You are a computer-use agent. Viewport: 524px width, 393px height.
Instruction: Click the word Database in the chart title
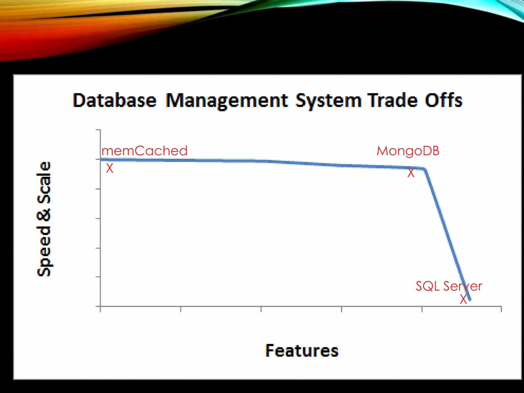pyautogui.click(x=114, y=100)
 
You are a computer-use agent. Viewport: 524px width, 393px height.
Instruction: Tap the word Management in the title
pyautogui.click(x=227, y=101)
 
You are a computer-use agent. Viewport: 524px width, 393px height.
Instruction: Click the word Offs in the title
pyautogui.click(x=444, y=100)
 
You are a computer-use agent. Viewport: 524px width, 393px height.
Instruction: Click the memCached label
pyautogui.click(x=145, y=151)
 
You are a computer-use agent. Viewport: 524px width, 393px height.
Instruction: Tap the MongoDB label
pyautogui.click(x=408, y=151)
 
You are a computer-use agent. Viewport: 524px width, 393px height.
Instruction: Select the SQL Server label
pyautogui.click(x=449, y=286)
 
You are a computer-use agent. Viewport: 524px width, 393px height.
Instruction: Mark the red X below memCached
pyautogui.click(x=110, y=168)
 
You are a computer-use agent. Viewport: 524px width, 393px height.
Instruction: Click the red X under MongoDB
pyautogui.click(x=411, y=173)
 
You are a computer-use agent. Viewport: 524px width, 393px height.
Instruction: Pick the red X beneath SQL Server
pyautogui.click(x=463, y=299)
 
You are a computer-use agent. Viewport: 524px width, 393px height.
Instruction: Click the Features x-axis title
pyautogui.click(x=302, y=351)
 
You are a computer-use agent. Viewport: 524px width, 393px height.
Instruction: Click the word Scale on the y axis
pyautogui.click(x=44, y=182)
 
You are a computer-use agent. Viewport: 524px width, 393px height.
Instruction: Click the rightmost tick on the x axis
pyautogui.click(x=501, y=309)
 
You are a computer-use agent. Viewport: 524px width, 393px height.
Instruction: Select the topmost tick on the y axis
pyautogui.click(x=98, y=130)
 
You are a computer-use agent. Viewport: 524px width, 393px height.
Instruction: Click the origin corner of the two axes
pyautogui.click(x=100, y=306)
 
